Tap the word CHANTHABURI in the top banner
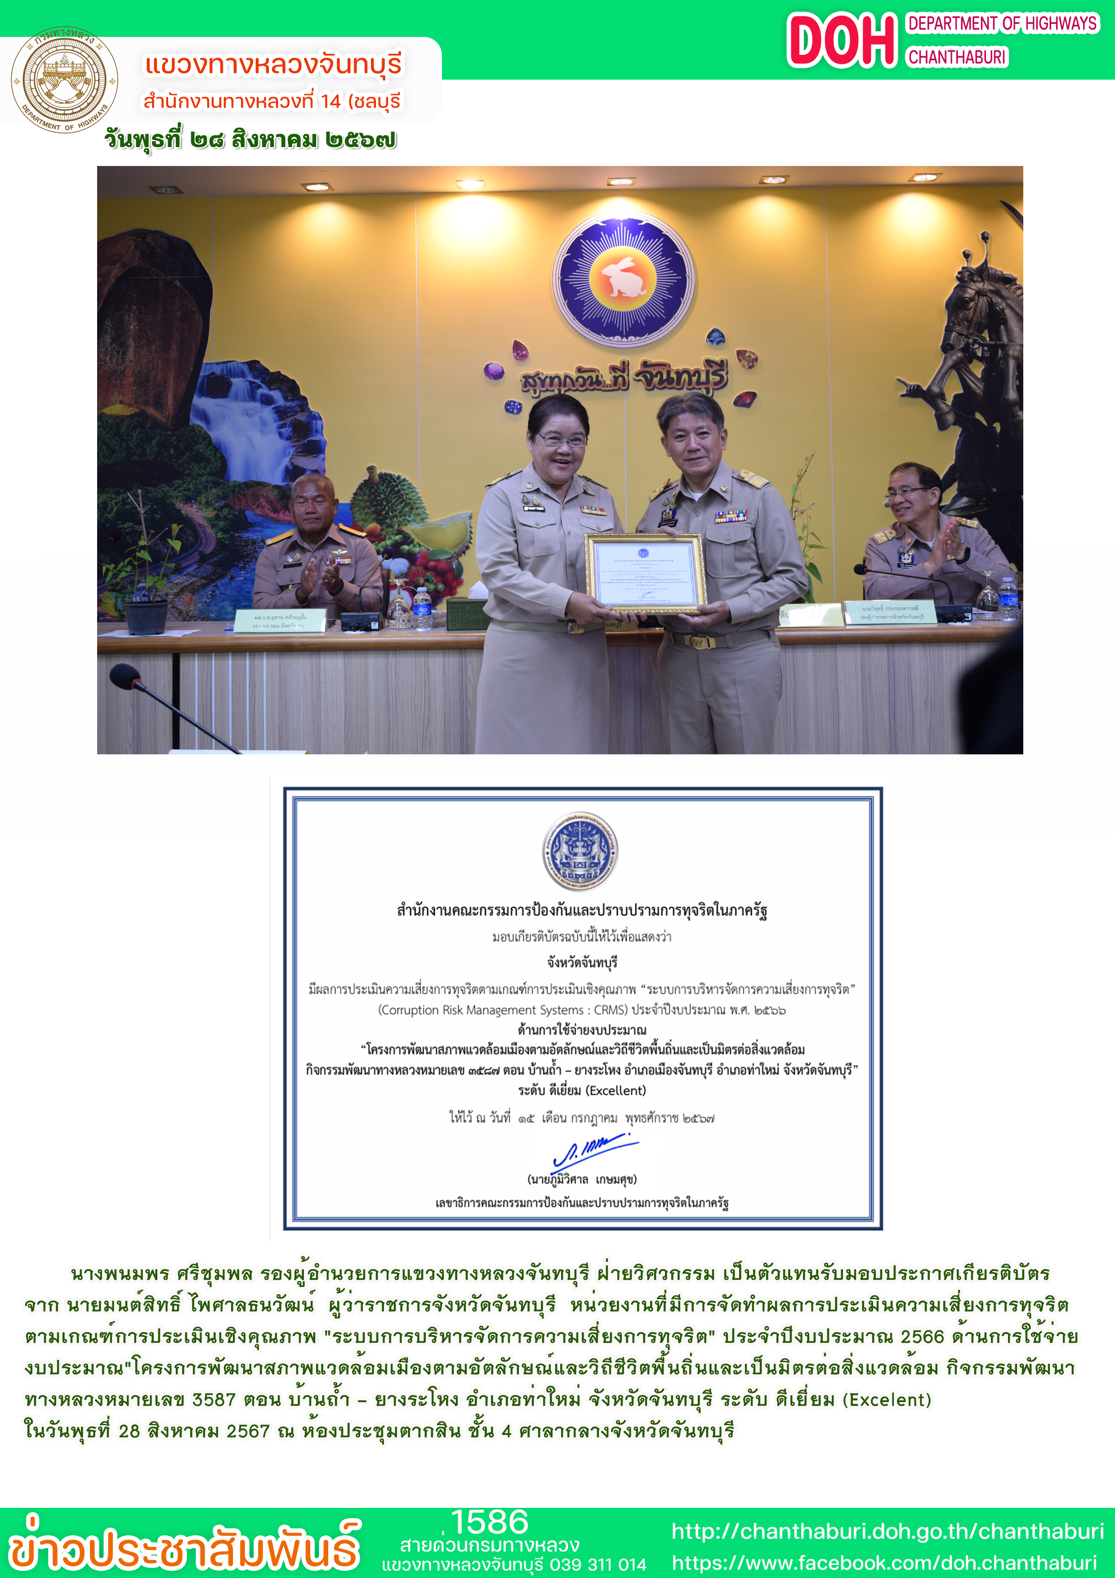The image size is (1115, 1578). (957, 57)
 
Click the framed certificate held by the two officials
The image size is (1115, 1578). (644, 572)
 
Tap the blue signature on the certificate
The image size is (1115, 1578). (594, 1151)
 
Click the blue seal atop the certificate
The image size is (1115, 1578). (580, 852)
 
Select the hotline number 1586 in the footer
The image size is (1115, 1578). (489, 1522)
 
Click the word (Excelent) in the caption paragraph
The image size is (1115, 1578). (886, 1400)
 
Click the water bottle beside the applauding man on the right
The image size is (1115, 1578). (1008, 598)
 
